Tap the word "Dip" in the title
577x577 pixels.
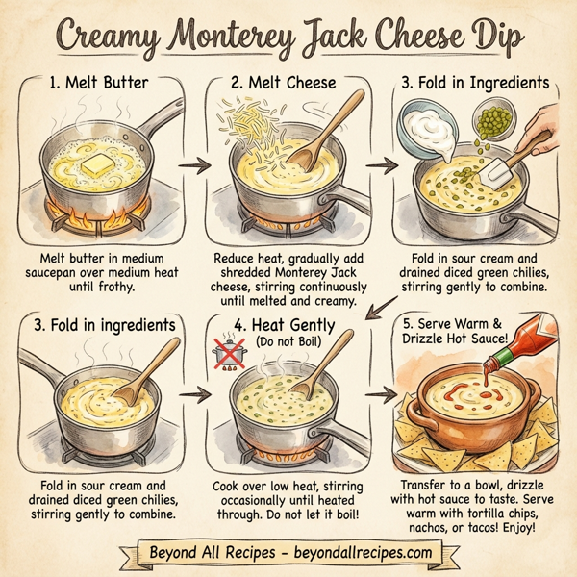(x=484, y=38)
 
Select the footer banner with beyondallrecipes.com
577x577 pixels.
(x=288, y=554)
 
